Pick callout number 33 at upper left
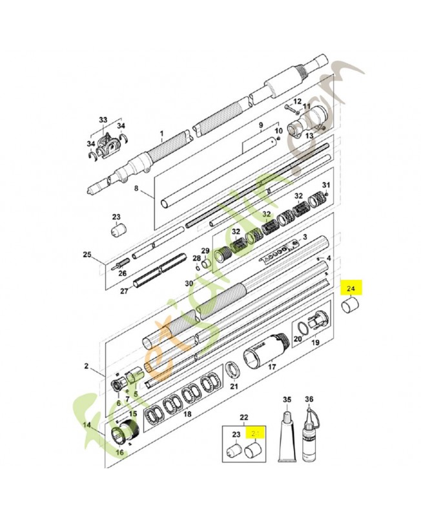click(103, 121)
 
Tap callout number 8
click(136, 188)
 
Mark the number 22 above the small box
click(243, 417)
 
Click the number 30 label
click(189, 284)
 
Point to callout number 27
click(125, 292)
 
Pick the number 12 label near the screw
click(298, 102)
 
